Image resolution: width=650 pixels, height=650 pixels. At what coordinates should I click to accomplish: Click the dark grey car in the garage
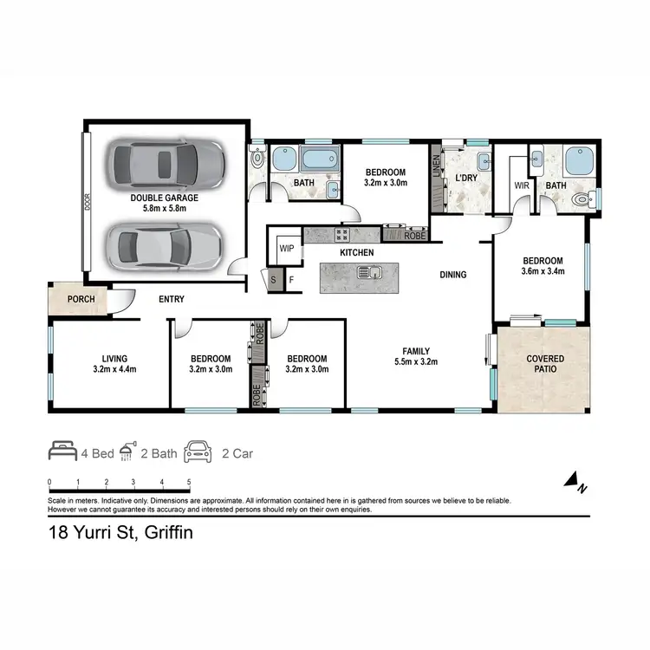165,162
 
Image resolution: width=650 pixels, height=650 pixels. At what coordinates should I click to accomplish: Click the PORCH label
81,299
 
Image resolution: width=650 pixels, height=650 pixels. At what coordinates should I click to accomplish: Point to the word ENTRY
171,300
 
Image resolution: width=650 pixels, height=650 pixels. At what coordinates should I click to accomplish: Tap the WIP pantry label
287,248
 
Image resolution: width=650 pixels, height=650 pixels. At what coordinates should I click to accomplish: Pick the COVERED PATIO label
545,363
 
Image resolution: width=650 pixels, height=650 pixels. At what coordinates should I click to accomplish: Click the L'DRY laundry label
466,179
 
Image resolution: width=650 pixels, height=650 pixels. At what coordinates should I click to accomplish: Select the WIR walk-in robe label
522,185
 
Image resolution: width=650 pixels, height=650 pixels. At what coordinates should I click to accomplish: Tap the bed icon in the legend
63,452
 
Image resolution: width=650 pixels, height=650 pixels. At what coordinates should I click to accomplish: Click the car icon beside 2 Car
198,452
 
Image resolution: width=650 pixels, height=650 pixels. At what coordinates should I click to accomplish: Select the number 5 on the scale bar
189,482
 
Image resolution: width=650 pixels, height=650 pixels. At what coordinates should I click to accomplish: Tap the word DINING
452,275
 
